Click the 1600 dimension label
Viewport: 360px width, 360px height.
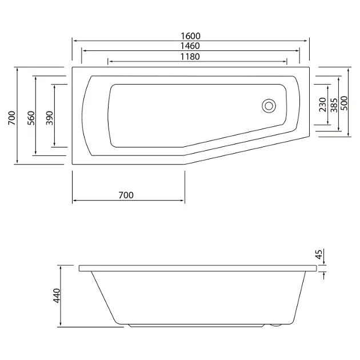click(x=190, y=36)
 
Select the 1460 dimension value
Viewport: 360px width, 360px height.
click(x=190, y=46)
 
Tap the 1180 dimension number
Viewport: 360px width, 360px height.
click(x=190, y=57)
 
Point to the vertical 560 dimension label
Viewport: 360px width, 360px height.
click(x=31, y=118)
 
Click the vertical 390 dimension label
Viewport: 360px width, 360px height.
click(x=49, y=118)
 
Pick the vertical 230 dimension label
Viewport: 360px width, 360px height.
click(x=323, y=105)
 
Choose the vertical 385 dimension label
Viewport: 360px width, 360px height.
click(x=334, y=105)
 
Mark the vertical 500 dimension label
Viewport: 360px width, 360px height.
click(x=344, y=103)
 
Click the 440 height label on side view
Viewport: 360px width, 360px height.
click(x=57, y=295)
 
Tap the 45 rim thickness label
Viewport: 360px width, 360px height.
click(x=319, y=254)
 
